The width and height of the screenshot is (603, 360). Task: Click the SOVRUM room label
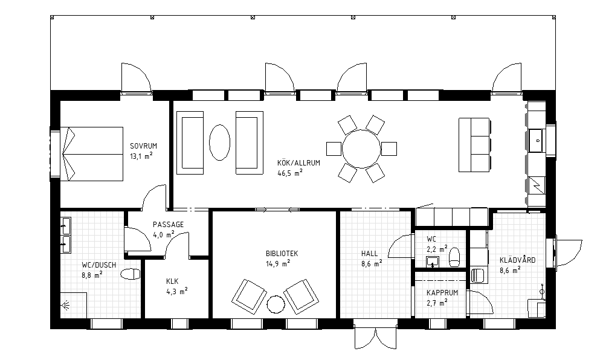(x=143, y=146)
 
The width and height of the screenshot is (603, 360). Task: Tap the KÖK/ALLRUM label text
(x=299, y=162)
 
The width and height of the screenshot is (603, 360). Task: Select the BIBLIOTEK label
(x=282, y=254)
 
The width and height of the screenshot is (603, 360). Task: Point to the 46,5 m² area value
(x=290, y=173)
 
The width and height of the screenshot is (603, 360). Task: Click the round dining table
(x=361, y=149)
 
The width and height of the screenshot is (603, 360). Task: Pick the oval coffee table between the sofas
(x=219, y=142)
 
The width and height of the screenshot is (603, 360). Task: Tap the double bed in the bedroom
(x=92, y=154)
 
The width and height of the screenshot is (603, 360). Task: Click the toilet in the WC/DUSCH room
(x=131, y=274)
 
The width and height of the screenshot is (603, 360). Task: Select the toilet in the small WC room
(x=454, y=257)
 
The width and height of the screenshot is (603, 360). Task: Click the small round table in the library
(x=276, y=304)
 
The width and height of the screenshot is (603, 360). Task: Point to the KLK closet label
(x=172, y=281)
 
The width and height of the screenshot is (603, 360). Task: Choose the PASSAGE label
(x=168, y=225)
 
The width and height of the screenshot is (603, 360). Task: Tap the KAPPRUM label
(x=442, y=293)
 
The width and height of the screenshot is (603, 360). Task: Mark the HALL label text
(x=369, y=254)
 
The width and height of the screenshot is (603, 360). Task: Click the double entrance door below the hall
(x=375, y=338)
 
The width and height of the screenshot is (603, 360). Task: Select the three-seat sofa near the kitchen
(x=474, y=144)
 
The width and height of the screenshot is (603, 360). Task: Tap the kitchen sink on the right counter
(x=537, y=141)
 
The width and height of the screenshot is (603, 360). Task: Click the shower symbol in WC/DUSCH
(x=65, y=306)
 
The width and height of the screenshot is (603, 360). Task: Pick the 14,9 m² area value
(x=278, y=264)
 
